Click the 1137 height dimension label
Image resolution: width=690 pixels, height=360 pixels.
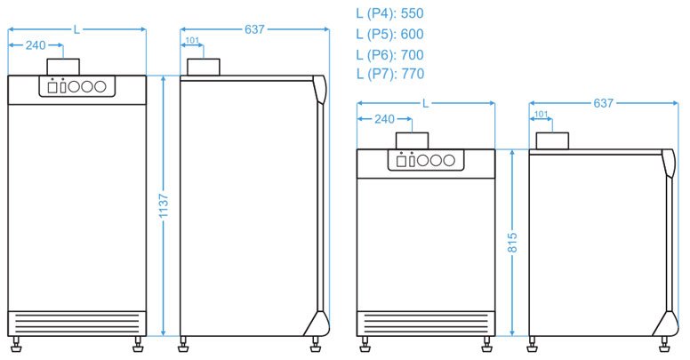point(164,205)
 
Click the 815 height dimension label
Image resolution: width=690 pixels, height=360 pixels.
point(512,243)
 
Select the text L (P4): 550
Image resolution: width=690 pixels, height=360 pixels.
point(389,13)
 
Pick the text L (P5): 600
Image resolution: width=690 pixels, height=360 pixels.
point(389,34)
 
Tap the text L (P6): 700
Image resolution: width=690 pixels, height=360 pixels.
point(389,54)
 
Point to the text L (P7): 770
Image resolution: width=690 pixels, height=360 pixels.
point(389,74)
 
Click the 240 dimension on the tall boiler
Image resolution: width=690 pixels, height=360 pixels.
point(36,45)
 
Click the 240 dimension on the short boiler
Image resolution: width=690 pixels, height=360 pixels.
point(384,119)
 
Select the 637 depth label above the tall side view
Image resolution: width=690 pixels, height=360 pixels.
point(254,29)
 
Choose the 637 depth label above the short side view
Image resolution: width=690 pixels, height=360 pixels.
point(603,103)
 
